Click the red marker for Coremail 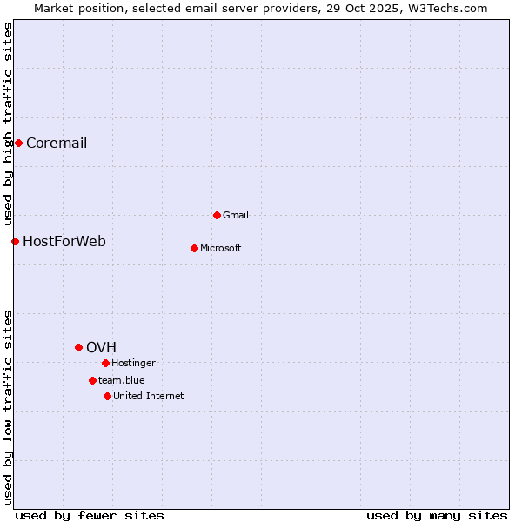(x=18, y=143)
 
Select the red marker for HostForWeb (x=15, y=241)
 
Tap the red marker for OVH (x=78, y=347)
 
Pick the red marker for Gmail (x=217, y=215)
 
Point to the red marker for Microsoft (x=194, y=248)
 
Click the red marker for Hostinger (x=105, y=363)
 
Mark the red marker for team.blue (x=92, y=380)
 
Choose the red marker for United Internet (x=107, y=396)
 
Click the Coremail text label (x=57, y=144)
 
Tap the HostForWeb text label (x=64, y=242)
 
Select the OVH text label (x=101, y=348)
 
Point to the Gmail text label (x=236, y=216)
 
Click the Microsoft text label (x=221, y=249)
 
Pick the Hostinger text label (x=133, y=364)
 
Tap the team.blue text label (x=122, y=381)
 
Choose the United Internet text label (x=149, y=397)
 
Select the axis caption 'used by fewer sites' (x=90, y=515)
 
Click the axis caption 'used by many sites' (x=437, y=515)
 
